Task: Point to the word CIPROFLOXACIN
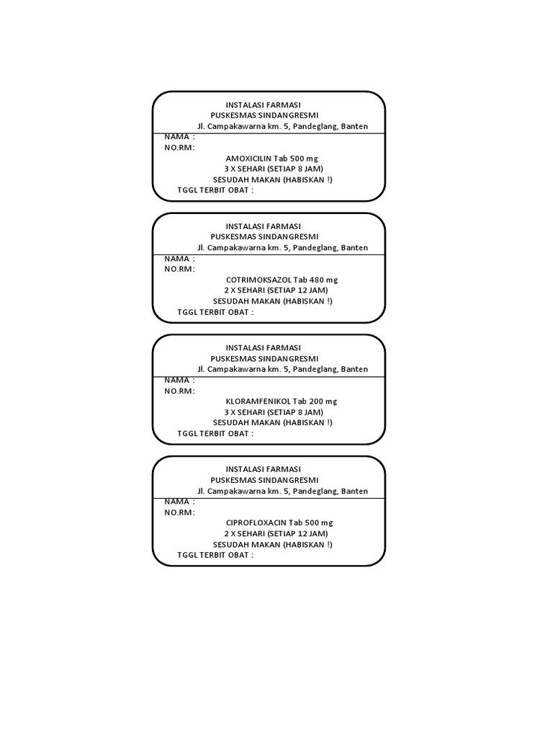[x=256, y=523]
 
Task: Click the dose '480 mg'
[x=322, y=280]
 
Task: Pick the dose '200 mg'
[x=322, y=401]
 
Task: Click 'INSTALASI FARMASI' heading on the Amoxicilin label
[x=263, y=105]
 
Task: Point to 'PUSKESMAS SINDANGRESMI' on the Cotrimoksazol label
[x=264, y=236]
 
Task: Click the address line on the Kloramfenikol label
[x=282, y=369]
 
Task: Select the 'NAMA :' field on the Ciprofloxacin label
[x=179, y=501]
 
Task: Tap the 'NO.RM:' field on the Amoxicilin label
[x=179, y=147]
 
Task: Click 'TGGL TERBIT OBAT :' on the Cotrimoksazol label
[x=215, y=312]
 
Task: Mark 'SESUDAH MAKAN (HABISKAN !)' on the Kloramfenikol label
[x=273, y=422]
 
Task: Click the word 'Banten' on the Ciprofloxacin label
[x=354, y=491]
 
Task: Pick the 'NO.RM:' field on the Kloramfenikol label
[x=179, y=391]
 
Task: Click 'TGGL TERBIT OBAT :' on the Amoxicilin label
[x=215, y=190]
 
